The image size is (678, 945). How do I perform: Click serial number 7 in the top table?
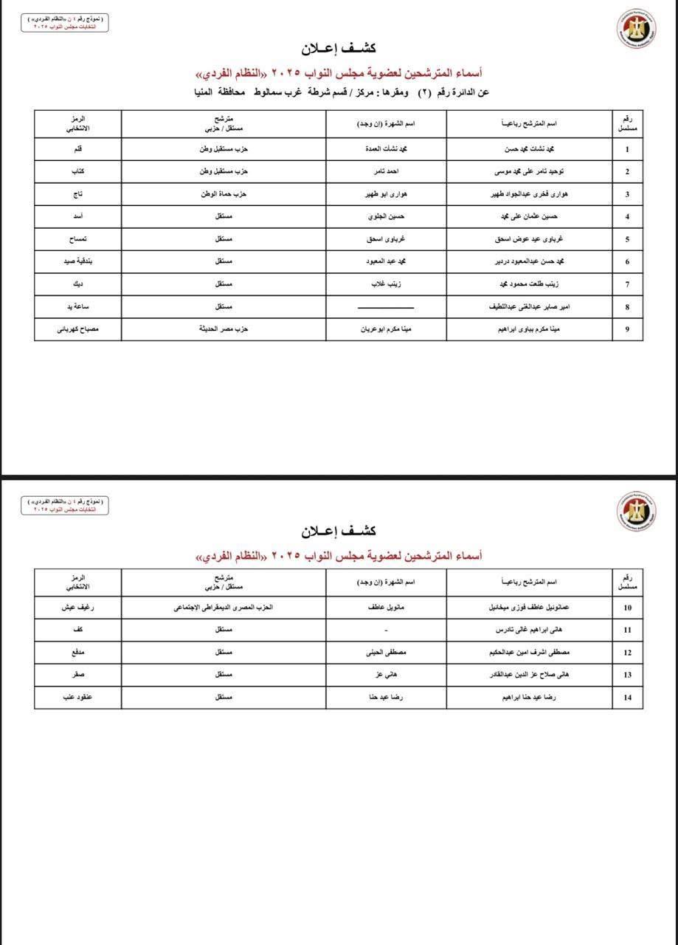627,284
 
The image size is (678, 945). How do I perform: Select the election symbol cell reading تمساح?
78,239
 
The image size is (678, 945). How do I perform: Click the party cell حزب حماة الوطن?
224,194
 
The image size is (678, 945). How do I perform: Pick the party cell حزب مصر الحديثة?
224,329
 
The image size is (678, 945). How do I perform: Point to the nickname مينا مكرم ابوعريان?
385,329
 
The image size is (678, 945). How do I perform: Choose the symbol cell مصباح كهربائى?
78,329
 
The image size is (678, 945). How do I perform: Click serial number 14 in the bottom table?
627,698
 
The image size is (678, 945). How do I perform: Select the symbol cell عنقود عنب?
78,698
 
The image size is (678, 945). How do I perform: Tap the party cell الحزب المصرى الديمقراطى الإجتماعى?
224,608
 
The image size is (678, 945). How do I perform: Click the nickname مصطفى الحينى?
385,653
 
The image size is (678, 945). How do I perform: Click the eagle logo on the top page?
636,32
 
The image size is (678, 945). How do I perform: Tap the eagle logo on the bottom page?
636,511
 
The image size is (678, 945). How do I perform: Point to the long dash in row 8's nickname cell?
385,307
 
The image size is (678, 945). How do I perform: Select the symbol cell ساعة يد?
78,306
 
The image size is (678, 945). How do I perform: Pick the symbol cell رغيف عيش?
78,608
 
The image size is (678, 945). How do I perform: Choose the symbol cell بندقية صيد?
78,261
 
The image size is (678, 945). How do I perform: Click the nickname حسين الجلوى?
385,217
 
